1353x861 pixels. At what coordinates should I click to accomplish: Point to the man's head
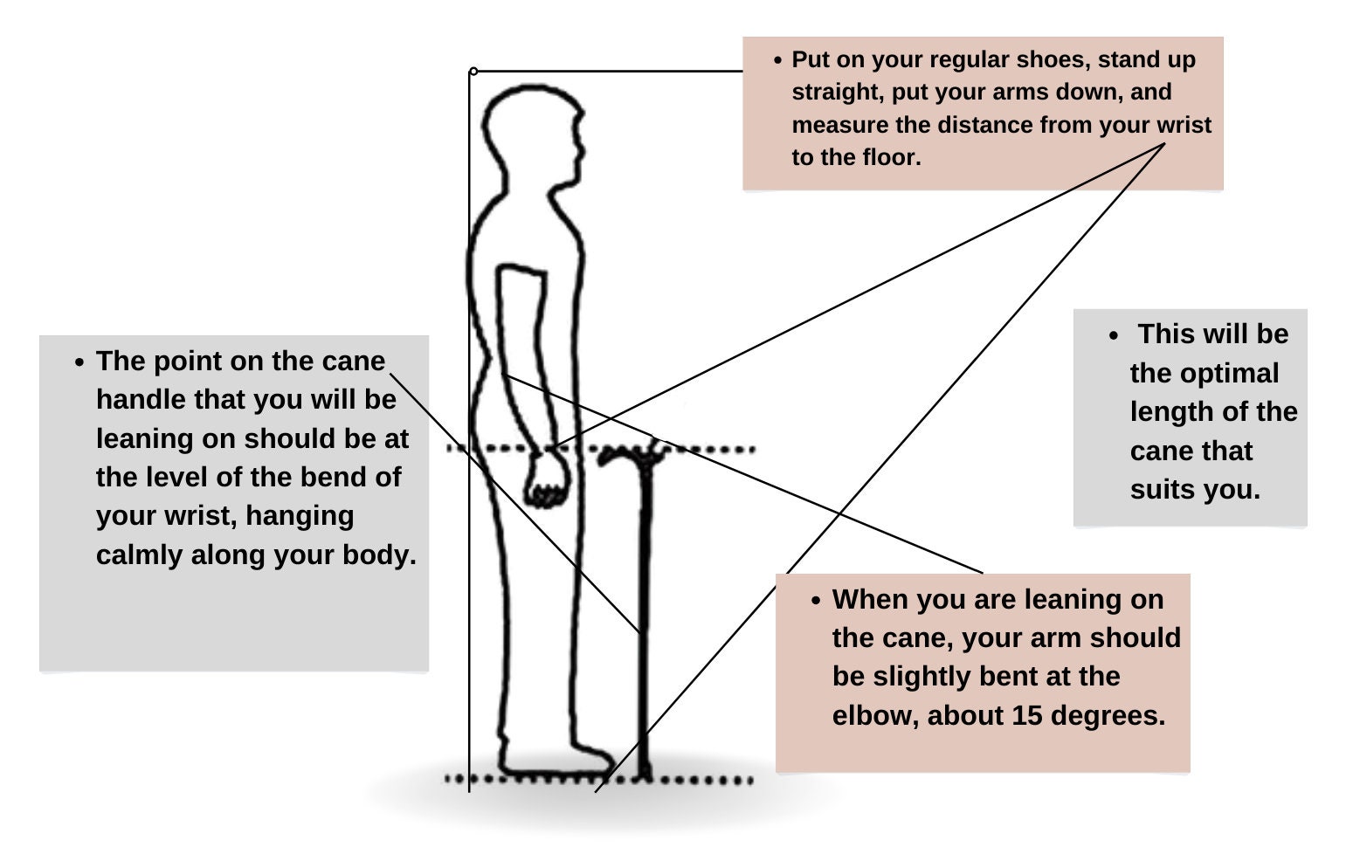534,138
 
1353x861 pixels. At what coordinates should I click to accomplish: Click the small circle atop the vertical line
473,72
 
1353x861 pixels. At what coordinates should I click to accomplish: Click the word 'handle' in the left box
141,400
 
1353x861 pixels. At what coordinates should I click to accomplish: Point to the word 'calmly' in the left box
139,555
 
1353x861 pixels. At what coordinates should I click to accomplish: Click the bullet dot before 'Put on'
778,59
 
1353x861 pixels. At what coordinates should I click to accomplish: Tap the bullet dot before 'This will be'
1115,335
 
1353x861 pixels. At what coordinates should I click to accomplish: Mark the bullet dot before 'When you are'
816,601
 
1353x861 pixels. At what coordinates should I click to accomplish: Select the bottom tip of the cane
645,776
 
